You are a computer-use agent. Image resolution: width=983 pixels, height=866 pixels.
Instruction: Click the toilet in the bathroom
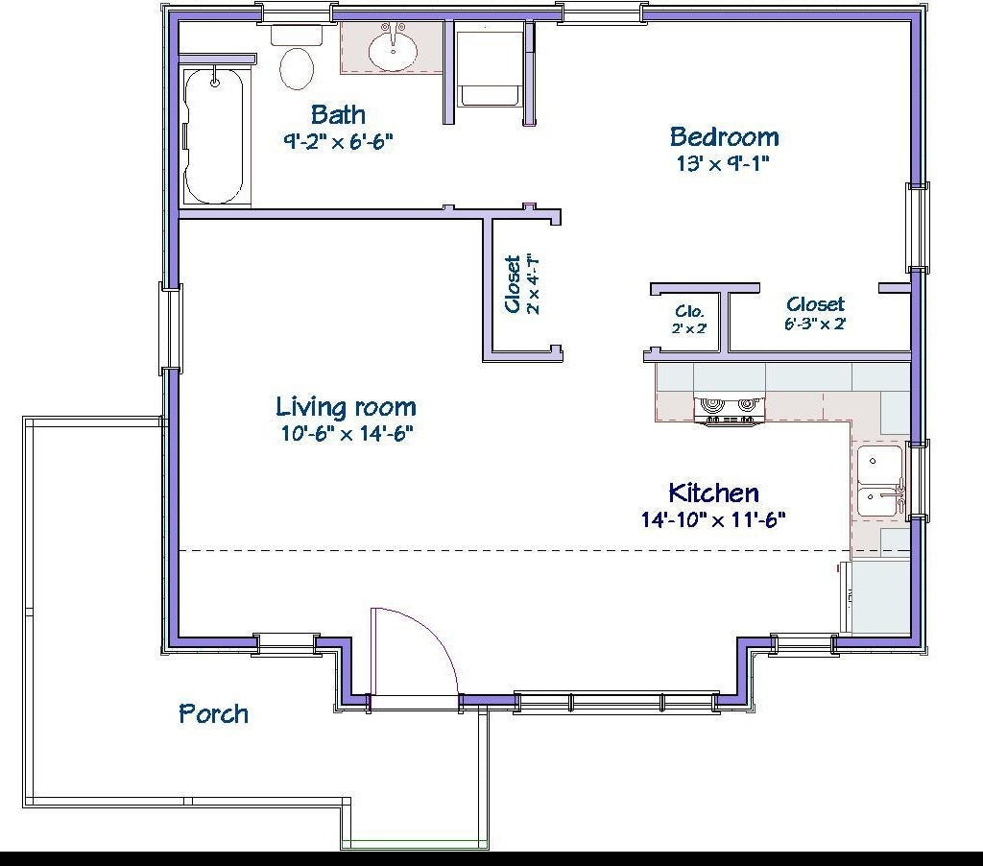(296, 58)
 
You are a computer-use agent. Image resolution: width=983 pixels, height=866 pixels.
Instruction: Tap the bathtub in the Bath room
(214, 136)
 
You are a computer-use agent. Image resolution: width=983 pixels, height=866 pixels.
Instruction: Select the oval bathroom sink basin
(393, 50)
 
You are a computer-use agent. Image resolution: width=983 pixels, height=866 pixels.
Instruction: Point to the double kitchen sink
(880, 481)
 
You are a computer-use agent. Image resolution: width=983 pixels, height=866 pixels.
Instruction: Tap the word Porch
(213, 714)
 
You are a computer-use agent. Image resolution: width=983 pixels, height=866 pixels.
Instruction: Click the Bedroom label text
(724, 136)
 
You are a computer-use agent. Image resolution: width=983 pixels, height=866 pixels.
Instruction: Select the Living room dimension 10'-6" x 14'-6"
(348, 433)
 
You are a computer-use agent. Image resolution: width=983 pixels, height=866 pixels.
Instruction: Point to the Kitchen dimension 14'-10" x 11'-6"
(713, 519)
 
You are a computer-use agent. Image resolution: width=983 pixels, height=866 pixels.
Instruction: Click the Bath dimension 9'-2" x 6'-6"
(339, 141)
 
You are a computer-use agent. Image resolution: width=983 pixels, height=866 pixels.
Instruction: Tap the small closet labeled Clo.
(689, 319)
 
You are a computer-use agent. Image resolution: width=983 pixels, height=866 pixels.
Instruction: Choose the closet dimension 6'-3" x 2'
(815, 325)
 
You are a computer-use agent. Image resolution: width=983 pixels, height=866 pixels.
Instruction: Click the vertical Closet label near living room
(514, 284)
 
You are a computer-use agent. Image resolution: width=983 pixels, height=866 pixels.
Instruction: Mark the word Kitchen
(713, 493)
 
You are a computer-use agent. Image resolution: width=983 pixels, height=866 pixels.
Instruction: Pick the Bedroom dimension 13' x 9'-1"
(723, 163)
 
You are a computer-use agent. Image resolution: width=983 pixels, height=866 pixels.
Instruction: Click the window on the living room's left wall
(171, 328)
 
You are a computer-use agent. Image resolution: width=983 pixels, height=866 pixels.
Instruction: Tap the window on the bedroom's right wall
(918, 227)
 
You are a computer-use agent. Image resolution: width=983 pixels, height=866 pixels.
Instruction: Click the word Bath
(338, 115)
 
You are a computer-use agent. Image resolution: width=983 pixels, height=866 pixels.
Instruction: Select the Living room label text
(346, 407)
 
